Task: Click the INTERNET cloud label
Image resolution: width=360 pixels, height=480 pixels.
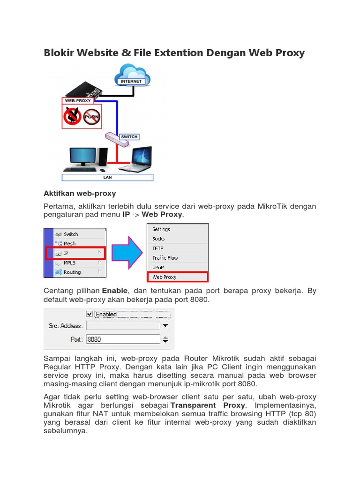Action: click(x=131, y=81)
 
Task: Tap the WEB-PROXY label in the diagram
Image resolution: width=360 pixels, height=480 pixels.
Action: click(x=78, y=100)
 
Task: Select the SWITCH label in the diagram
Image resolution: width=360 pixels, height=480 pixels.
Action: click(x=129, y=137)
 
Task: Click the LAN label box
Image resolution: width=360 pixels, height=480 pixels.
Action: click(x=108, y=178)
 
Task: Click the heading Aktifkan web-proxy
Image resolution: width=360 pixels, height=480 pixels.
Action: click(x=80, y=193)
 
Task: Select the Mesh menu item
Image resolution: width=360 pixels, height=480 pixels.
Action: click(x=69, y=244)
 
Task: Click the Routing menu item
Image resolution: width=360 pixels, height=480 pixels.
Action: click(x=72, y=272)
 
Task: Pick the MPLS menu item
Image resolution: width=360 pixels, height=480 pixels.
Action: click(x=69, y=263)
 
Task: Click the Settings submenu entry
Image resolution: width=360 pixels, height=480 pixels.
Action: click(x=161, y=229)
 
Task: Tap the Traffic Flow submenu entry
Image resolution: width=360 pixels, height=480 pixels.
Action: click(x=165, y=258)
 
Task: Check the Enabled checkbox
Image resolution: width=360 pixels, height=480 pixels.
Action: click(x=90, y=314)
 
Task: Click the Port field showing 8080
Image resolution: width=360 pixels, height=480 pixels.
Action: click(x=123, y=339)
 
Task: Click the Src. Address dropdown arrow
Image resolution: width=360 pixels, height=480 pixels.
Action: click(x=165, y=325)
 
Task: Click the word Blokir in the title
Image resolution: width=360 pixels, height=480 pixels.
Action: click(x=59, y=52)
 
